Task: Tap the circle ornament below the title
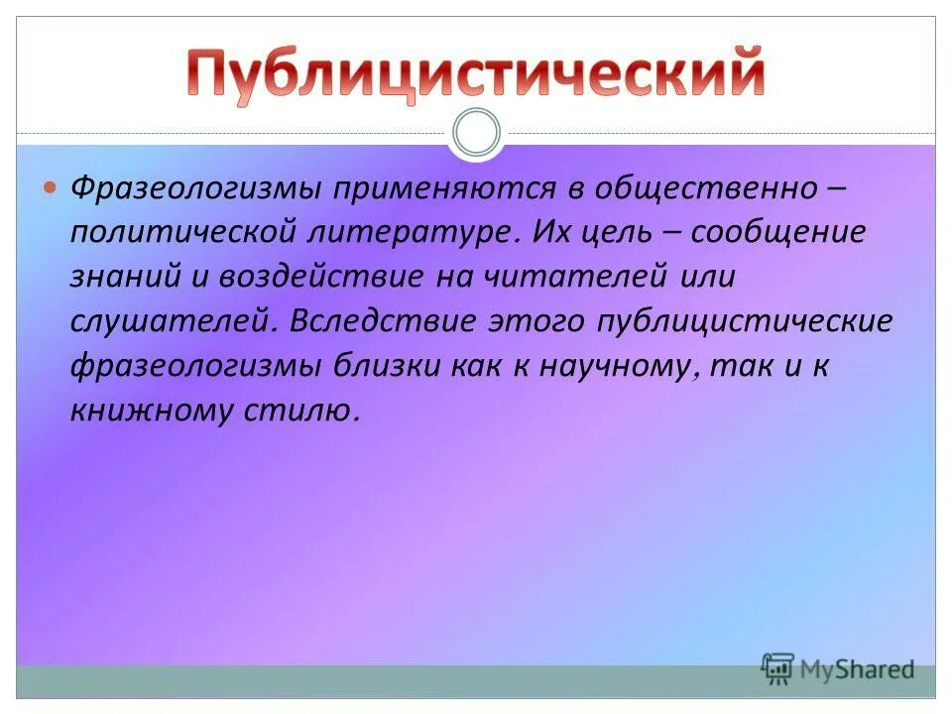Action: point(476,134)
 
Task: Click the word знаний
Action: point(124,277)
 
